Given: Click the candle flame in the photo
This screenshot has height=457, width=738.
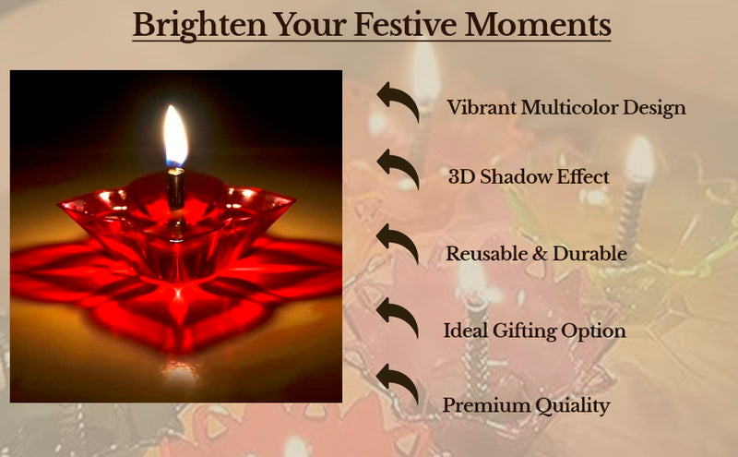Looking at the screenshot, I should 175,137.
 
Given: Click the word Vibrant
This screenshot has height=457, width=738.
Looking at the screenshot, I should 481,107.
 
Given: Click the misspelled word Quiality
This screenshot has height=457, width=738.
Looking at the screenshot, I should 571,405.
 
